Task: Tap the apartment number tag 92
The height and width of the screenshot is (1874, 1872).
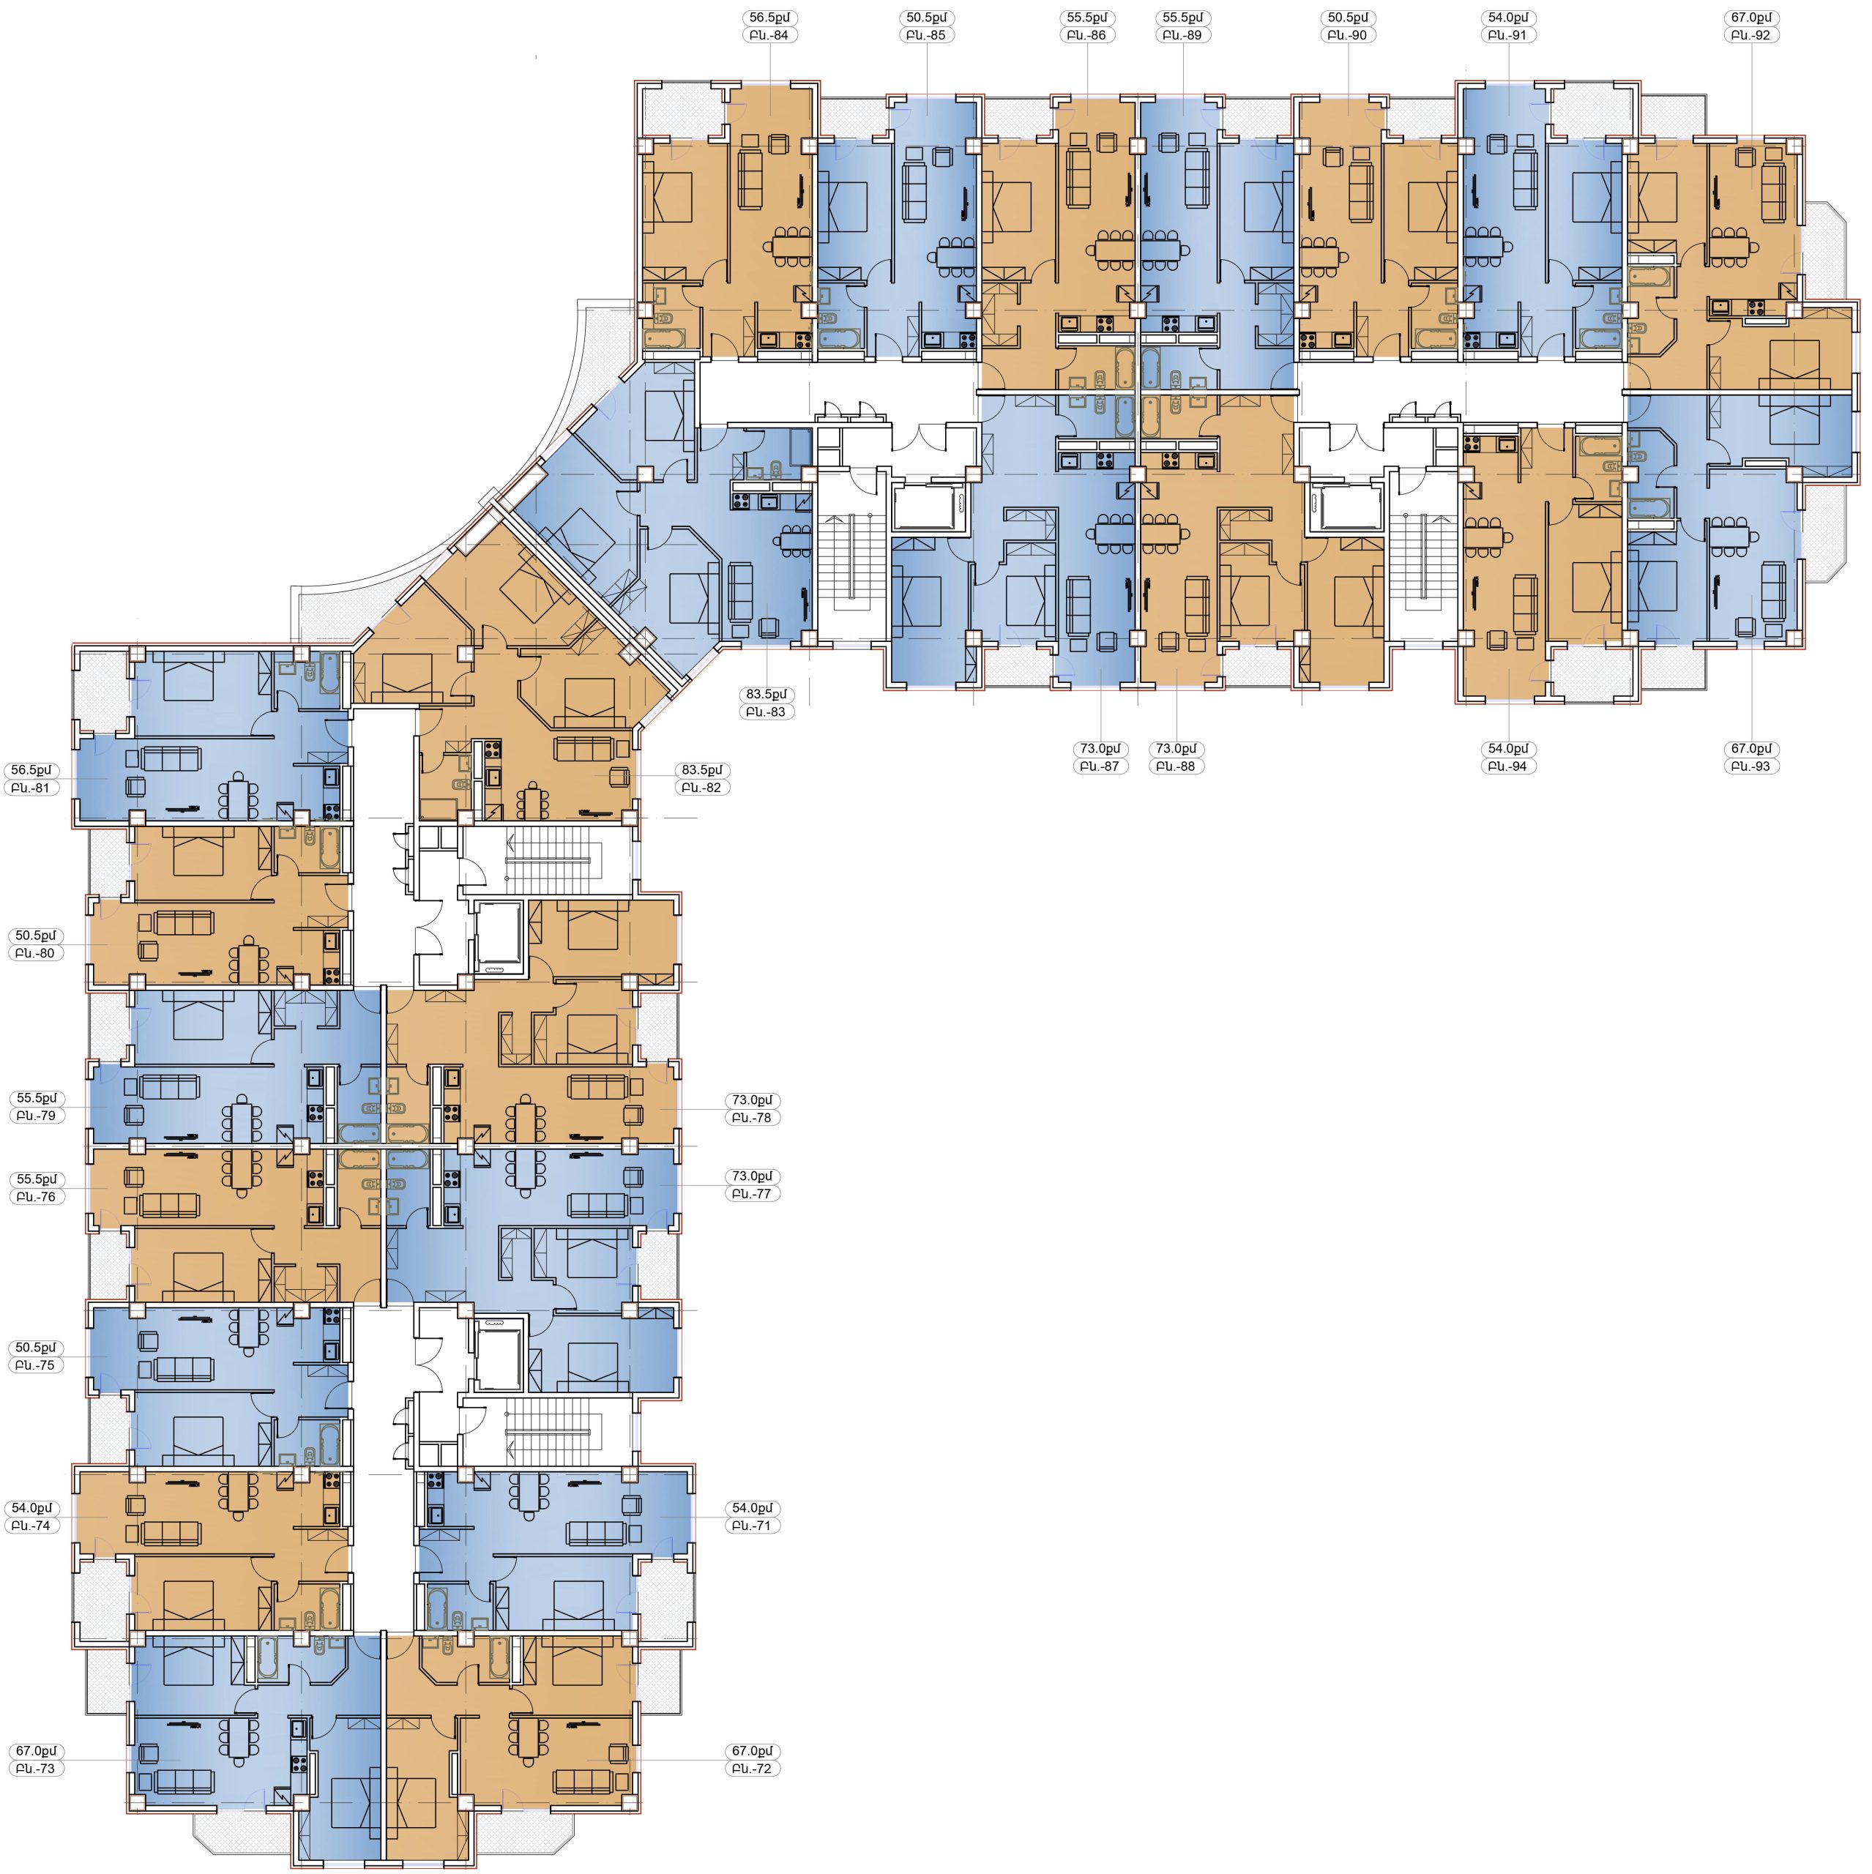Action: (1753, 36)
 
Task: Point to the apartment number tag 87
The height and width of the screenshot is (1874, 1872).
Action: (1099, 767)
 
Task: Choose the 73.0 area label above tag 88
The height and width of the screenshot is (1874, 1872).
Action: (1176, 749)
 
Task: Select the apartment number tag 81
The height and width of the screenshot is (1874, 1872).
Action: (36, 788)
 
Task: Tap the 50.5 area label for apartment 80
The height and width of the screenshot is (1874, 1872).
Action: (36, 936)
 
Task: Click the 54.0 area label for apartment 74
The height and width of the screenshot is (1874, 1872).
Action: (36, 1508)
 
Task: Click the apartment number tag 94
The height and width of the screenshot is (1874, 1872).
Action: (1509, 767)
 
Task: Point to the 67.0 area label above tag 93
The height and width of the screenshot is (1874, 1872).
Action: (1753, 749)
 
